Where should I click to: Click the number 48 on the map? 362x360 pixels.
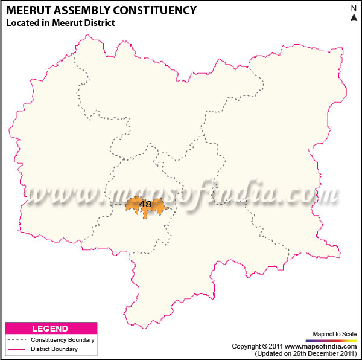(x=145, y=204)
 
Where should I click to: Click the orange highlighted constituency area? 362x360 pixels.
(x=158, y=208)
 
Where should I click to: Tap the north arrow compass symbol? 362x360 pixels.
(x=354, y=17)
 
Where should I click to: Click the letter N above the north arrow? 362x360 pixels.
(x=354, y=8)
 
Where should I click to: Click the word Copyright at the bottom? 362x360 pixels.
(x=247, y=346)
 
